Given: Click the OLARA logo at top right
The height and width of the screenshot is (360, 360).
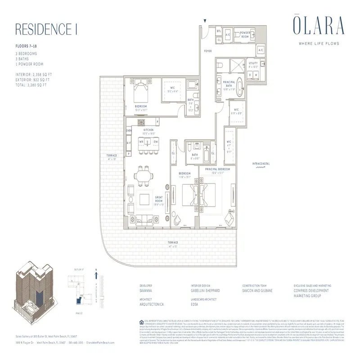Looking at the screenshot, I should click(x=319, y=25).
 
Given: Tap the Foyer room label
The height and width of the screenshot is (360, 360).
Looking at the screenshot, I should click(x=207, y=51).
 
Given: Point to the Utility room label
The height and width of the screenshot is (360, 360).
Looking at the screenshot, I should click(x=253, y=64).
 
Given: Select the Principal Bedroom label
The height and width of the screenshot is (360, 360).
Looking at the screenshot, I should click(x=217, y=169).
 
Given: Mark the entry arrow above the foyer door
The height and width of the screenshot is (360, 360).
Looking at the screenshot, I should click(x=204, y=21).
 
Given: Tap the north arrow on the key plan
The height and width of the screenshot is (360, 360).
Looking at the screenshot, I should click(x=97, y=272).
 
